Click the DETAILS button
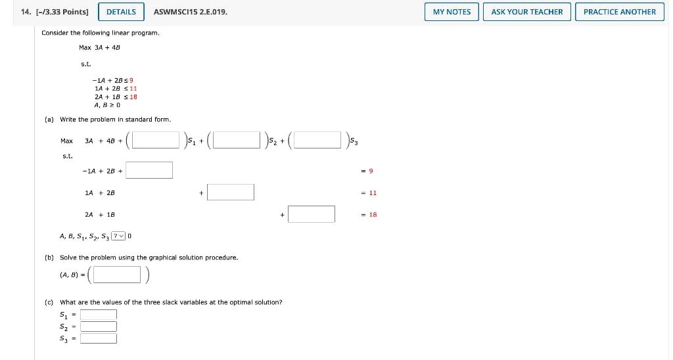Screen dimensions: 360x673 point(121,12)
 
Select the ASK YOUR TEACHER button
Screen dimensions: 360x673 point(526,12)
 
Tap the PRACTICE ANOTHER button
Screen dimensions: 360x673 point(619,12)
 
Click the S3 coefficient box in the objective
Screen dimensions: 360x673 point(317,141)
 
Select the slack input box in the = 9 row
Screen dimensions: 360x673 point(150,170)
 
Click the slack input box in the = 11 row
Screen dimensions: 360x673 point(231,192)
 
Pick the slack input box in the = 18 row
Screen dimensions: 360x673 point(311,214)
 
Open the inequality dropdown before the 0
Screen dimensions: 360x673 point(118,236)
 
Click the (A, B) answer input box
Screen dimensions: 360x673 point(117,275)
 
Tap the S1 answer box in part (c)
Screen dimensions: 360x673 point(99,315)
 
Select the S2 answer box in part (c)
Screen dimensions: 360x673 point(99,326)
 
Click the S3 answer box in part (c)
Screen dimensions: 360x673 point(99,338)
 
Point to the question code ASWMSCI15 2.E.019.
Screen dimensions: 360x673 point(191,12)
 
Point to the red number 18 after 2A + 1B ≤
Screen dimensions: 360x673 point(133,97)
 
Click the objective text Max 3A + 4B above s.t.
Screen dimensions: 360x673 point(99,47)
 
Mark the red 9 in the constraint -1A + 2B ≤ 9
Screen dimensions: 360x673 point(132,80)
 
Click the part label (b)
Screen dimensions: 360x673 point(49,258)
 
